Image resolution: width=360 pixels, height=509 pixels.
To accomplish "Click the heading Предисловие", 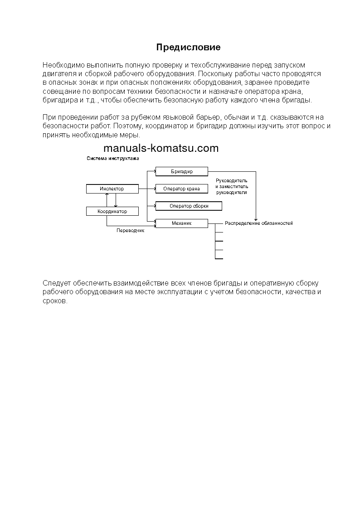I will (x=188, y=47).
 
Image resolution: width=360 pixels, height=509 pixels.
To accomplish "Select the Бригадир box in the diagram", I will (x=181, y=171).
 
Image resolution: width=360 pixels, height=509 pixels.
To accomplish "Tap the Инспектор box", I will (x=112, y=189).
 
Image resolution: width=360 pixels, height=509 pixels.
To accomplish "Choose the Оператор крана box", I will (x=181, y=189).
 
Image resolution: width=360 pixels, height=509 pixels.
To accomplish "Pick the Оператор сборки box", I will (x=189, y=206).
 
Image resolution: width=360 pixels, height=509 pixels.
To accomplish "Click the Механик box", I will (x=181, y=223).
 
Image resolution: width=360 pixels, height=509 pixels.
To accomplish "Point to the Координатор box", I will (x=112, y=211).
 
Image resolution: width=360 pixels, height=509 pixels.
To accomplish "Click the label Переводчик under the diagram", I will (x=130, y=231).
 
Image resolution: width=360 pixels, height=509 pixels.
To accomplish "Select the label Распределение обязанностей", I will (x=259, y=223).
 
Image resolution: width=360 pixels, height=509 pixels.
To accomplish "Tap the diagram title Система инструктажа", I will (x=112, y=159).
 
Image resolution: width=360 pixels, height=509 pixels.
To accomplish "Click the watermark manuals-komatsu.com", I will (x=161, y=148).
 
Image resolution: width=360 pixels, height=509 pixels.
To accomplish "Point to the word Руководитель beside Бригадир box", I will (x=232, y=180).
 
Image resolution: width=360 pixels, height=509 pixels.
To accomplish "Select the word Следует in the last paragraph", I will (x=55, y=283).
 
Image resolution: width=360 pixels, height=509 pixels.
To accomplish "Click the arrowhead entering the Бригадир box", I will (x=154, y=171).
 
